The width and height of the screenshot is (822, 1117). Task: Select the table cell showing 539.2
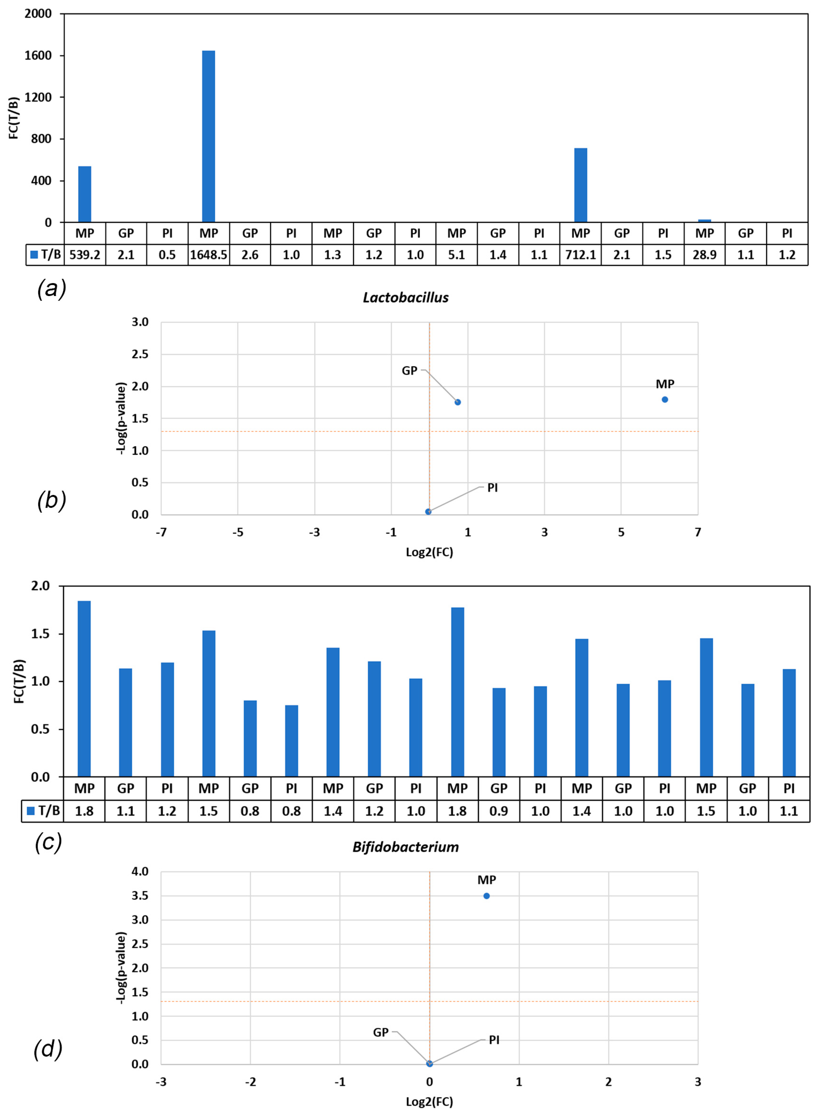pyautogui.click(x=85, y=255)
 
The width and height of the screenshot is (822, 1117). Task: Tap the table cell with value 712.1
pyautogui.click(x=580, y=255)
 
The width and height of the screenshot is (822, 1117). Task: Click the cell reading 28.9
pyautogui.click(x=704, y=255)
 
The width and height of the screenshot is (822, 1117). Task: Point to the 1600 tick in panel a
pyautogui.click(x=38, y=56)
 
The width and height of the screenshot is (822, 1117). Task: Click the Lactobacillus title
pyautogui.click(x=405, y=297)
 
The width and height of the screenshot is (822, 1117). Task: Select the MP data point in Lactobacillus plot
pyautogui.click(x=665, y=399)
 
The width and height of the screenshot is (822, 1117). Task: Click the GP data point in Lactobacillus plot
pyautogui.click(x=458, y=402)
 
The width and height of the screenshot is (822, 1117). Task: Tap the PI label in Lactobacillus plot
pyautogui.click(x=492, y=488)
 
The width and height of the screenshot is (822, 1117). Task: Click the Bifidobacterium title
pyautogui.click(x=405, y=847)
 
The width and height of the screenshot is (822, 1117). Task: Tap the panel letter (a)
pyautogui.click(x=51, y=289)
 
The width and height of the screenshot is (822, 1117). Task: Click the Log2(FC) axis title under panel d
pyautogui.click(x=429, y=1101)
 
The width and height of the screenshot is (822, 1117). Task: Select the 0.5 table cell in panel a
pyautogui.click(x=167, y=255)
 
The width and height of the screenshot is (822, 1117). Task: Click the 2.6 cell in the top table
pyautogui.click(x=250, y=255)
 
